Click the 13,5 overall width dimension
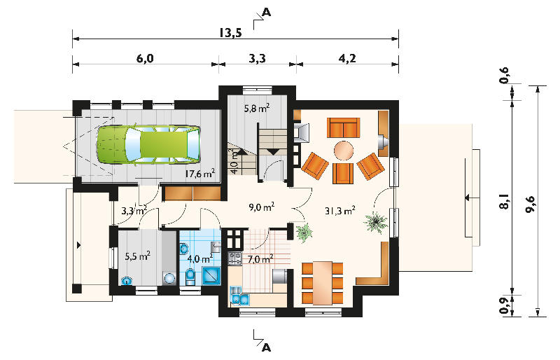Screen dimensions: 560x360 pos(231,33)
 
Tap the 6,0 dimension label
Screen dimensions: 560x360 pos(145,58)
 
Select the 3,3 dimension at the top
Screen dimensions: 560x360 pos(257,58)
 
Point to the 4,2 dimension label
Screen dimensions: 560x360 pos(346,58)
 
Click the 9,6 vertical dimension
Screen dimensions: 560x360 pos(531,204)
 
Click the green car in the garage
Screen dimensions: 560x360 pos(148,144)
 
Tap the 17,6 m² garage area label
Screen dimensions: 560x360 pos(199,174)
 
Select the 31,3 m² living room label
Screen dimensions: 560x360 pos(339,211)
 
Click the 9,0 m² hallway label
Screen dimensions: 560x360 pos(261,207)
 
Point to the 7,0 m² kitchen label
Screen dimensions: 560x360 pos(260,258)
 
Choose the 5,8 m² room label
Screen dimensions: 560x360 pos(257,108)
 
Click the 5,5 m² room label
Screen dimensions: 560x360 pos(137,256)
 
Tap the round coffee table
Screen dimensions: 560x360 pos(344,151)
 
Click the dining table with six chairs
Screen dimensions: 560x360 pos(323,283)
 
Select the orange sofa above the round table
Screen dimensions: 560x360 pos(343,127)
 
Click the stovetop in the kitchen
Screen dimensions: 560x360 pos(234,258)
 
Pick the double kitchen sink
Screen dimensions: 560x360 pos(239,298)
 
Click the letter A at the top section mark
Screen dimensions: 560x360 pos(267,12)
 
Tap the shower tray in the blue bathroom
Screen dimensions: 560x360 pos(211,276)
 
